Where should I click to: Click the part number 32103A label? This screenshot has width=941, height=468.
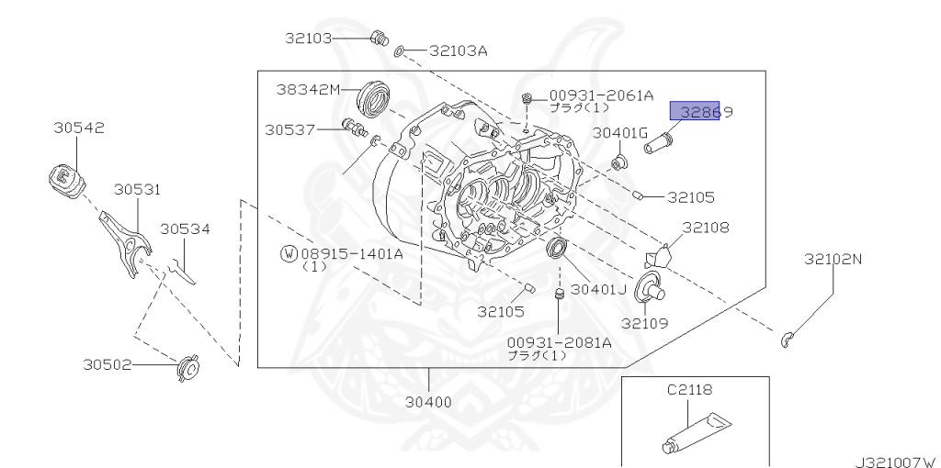pyautogui.click(x=458, y=51)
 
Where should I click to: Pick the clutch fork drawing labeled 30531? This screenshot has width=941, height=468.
pyautogui.click(x=126, y=240)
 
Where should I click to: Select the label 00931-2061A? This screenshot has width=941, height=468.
pyautogui.click(x=601, y=95)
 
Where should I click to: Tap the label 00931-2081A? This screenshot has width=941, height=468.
pyautogui.click(x=559, y=342)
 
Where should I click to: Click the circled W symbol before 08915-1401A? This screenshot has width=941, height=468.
pyautogui.click(x=289, y=252)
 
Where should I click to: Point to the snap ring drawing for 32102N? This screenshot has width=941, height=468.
pyautogui.click(x=788, y=340)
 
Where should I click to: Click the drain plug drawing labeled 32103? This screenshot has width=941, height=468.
pyautogui.click(x=377, y=38)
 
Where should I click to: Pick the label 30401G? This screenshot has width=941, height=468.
pyautogui.click(x=621, y=133)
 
